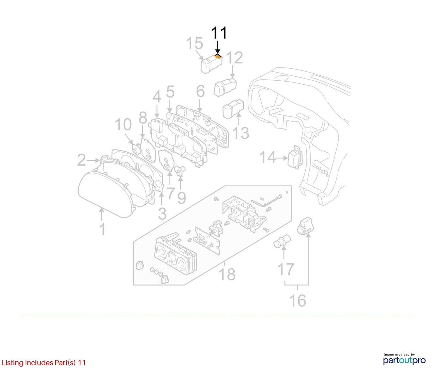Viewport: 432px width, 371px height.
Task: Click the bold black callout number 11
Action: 219,33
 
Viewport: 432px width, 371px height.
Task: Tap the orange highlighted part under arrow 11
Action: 218,56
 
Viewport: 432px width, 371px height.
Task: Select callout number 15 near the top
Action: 194,43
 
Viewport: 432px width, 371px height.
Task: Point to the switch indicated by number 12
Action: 225,87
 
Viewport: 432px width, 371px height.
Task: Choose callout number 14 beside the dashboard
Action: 268,158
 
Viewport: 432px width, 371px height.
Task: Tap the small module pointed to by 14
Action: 295,157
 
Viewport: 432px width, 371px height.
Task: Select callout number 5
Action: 170,92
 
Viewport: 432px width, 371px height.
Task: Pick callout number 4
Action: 157,97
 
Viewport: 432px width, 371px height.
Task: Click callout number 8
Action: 143,118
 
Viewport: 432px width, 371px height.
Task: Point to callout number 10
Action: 123,125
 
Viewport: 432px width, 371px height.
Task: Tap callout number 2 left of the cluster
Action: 82,160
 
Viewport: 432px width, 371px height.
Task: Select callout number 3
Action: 162,214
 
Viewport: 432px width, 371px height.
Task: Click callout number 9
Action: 182,198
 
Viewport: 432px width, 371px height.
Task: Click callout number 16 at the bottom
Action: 297,301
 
